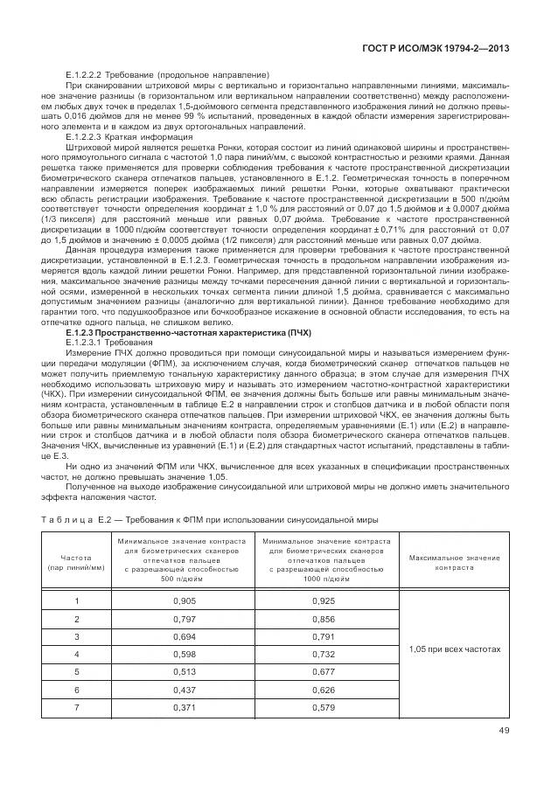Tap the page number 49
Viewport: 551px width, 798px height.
504,732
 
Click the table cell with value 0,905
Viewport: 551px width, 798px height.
185,601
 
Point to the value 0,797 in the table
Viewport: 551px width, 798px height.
185,619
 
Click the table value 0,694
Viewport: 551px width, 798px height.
185,636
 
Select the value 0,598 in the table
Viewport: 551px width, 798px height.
185,654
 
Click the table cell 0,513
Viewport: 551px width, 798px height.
185,671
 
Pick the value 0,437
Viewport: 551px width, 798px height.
185,689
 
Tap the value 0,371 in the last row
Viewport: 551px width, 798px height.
185,706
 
